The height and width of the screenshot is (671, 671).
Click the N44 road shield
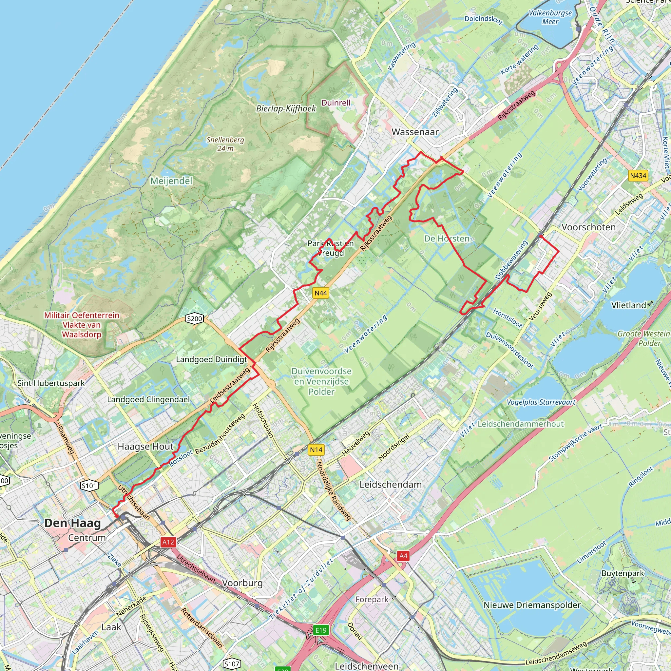pos(320,293)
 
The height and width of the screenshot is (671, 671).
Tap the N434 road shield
pos(638,176)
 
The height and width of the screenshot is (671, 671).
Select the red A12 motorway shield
pos(168,542)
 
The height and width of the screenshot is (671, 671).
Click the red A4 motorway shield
pos(403,556)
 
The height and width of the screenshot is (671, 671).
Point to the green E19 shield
pos(320,630)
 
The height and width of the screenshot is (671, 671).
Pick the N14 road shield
pos(316,450)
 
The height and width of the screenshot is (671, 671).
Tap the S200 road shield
pos(195,319)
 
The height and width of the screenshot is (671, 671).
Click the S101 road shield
pos(89,486)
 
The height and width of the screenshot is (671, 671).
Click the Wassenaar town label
pos(415,132)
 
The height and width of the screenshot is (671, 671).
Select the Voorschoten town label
pos(589,227)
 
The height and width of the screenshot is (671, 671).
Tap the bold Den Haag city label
pos(73,523)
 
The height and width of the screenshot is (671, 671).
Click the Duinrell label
pos(336,103)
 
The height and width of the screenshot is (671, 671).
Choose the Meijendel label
pos(171,181)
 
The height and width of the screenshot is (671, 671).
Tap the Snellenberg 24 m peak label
pos(225,144)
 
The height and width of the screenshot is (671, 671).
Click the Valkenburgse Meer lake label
pos(550,17)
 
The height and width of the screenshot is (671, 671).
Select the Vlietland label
pos(629,305)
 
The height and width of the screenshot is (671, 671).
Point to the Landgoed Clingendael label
pos(148,399)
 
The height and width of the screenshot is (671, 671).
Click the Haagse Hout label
pos(145,447)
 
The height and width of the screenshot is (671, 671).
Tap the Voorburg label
pos(242,583)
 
